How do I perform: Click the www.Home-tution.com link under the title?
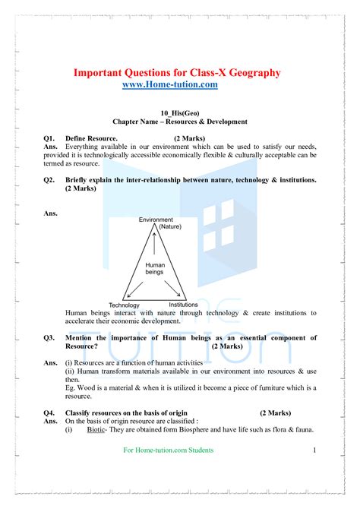[x=169, y=85]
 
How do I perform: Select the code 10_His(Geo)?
[x=180, y=111]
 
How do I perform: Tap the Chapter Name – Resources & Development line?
[x=180, y=122]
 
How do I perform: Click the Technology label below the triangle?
[x=124, y=305]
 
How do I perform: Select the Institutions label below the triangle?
[x=183, y=304]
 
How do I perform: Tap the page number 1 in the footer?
[x=314, y=451]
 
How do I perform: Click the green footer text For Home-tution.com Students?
[x=168, y=451]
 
